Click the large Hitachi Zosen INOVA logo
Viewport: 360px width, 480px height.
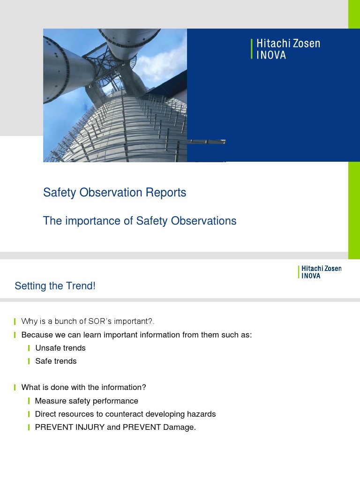click(x=285, y=49)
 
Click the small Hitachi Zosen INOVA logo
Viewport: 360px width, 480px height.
click(x=320, y=272)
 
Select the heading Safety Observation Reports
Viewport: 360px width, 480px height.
click(x=114, y=193)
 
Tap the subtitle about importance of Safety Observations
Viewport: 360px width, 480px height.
click(x=140, y=221)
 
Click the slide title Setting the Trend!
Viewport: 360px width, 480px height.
click(x=55, y=286)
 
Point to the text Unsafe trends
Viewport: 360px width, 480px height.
click(x=60, y=348)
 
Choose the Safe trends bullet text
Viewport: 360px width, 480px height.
click(x=56, y=361)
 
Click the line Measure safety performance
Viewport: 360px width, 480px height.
click(x=86, y=401)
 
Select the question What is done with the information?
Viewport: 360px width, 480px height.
click(x=84, y=387)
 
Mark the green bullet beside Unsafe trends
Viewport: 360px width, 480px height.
click(x=29, y=348)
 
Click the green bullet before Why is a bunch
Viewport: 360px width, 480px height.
click(x=15, y=321)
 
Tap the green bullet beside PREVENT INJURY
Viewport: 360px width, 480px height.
click(x=29, y=427)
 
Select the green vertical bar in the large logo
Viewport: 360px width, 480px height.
click(x=252, y=49)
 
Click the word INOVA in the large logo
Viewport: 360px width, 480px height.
click(x=271, y=55)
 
